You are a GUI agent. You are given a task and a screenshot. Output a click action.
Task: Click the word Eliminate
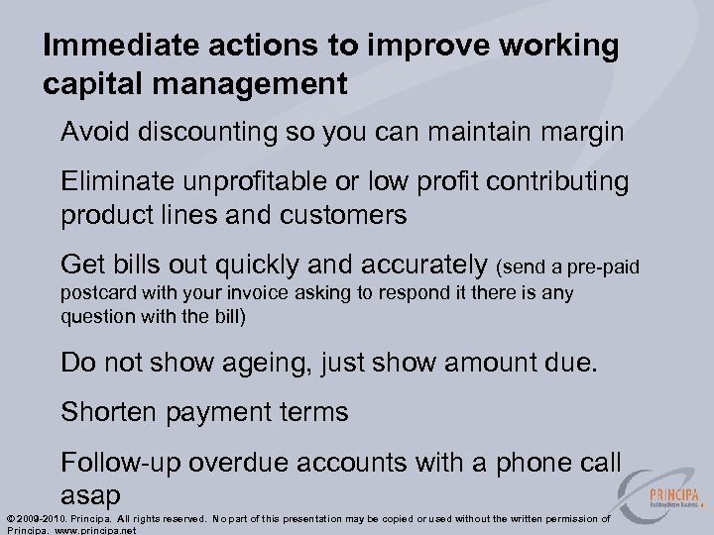pos(122,181)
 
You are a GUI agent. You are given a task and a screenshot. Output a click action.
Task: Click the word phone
pos(518,461)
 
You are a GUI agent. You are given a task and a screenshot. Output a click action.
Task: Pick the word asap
pos(90,493)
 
